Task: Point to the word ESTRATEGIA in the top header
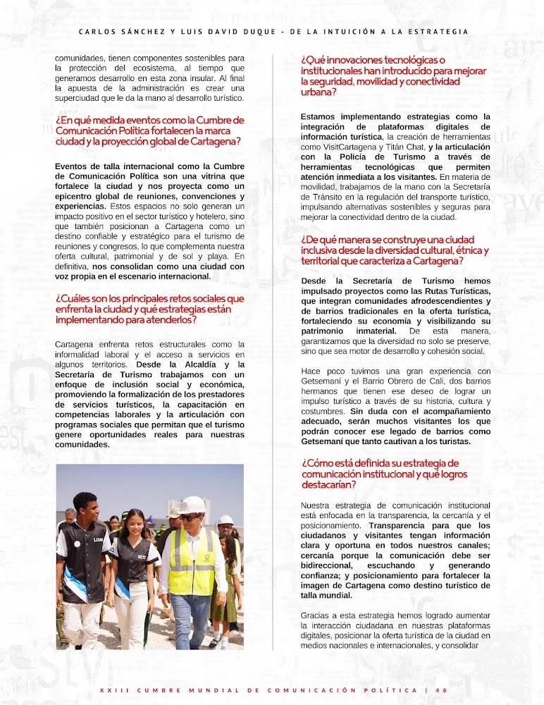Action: pos(440,31)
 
